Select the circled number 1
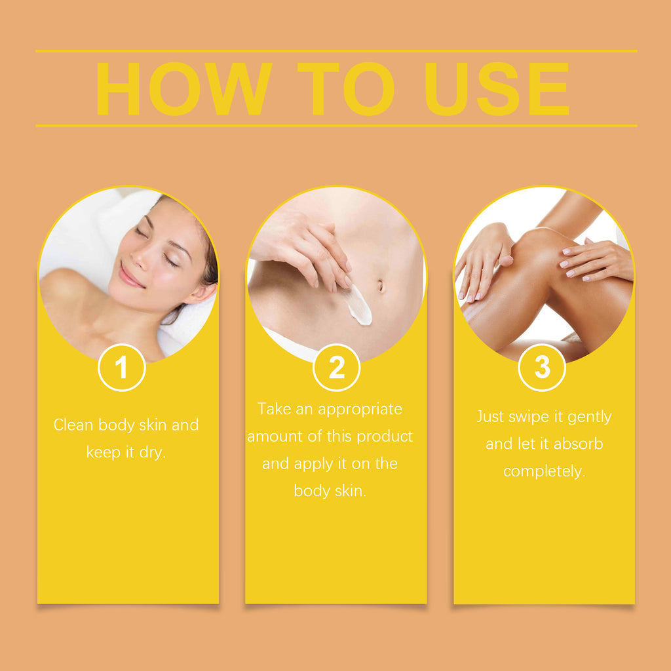[x=121, y=368]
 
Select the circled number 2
[x=336, y=368]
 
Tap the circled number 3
[x=542, y=368]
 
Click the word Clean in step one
[x=73, y=425]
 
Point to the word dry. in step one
[x=152, y=452]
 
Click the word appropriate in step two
[x=360, y=410]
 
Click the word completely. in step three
[x=543, y=471]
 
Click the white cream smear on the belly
[x=358, y=305]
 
